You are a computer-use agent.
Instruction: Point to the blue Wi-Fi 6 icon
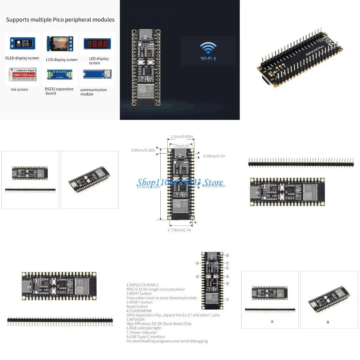coord(208,51)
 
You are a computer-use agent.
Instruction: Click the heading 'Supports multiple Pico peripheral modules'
coord(60,20)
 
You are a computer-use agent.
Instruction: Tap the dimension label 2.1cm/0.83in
coord(182,136)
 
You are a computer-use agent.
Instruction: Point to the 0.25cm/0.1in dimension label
coord(214,156)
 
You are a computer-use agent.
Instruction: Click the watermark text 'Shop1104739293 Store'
coord(180,182)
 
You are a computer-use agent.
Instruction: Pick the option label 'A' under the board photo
coord(272,321)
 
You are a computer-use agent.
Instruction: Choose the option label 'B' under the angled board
coord(328,322)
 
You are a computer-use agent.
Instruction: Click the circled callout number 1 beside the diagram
coord(227,300)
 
